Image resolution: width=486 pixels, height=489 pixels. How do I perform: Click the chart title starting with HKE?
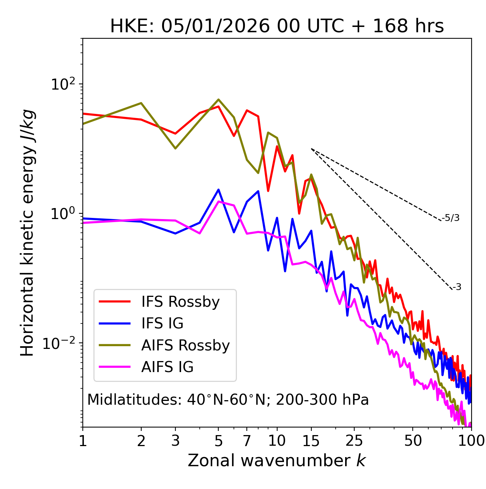[x=277, y=27]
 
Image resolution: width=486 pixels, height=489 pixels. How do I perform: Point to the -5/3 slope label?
[x=451, y=218]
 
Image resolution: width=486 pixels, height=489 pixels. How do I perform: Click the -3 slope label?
[x=457, y=287]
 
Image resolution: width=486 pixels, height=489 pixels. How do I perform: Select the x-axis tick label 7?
[x=247, y=441]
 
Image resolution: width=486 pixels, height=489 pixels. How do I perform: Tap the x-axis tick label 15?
[x=311, y=441]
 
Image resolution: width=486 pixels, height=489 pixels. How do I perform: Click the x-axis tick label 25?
[x=354, y=441]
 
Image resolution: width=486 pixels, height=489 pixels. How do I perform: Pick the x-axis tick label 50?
[x=413, y=441]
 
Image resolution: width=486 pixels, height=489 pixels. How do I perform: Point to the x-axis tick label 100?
[x=471, y=441]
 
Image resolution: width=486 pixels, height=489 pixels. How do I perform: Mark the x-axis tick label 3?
[x=175, y=441]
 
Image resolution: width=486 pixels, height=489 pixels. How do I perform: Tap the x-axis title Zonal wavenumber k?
[x=277, y=461]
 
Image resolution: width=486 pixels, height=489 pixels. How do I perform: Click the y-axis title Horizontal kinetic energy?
[x=28, y=233]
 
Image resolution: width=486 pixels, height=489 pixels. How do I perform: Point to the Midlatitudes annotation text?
[x=228, y=400]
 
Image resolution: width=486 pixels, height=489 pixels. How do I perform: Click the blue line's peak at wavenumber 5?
[x=218, y=189]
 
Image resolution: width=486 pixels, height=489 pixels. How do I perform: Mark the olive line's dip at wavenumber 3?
[x=175, y=148]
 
